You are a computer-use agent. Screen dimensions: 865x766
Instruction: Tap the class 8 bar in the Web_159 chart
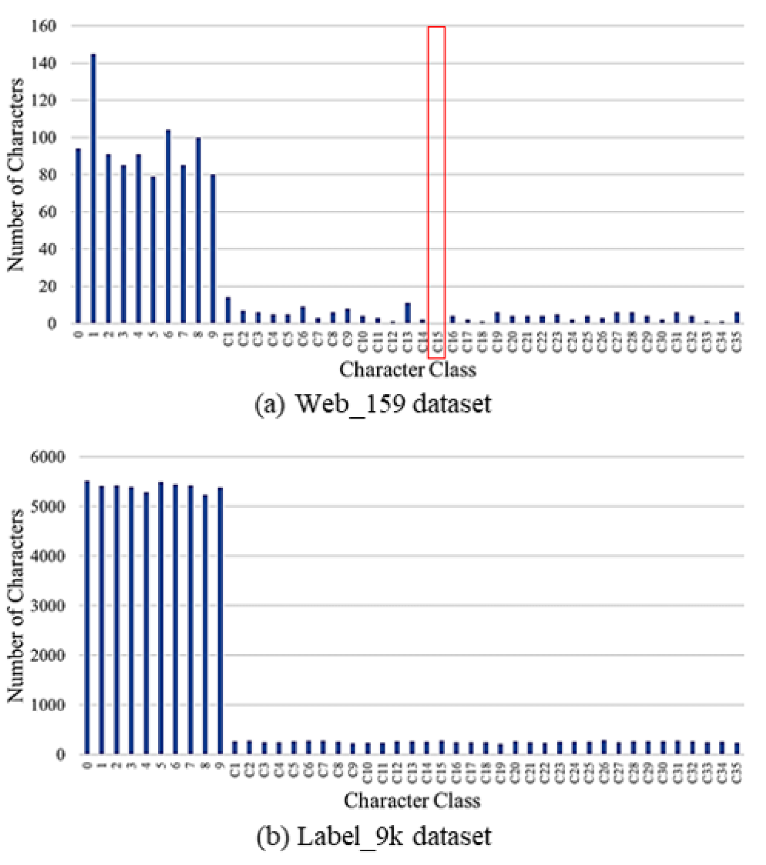(198, 231)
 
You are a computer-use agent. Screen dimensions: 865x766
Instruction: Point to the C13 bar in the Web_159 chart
(407, 313)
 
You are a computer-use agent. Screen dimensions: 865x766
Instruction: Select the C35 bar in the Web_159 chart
(737, 317)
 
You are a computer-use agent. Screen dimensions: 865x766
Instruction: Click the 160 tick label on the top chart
(44, 26)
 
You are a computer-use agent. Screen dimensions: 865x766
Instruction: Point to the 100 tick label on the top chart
(44, 138)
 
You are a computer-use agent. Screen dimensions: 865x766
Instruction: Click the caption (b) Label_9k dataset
(374, 836)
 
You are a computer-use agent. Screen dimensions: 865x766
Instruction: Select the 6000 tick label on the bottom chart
(47, 457)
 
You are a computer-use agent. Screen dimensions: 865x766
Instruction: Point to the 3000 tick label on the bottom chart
(47, 605)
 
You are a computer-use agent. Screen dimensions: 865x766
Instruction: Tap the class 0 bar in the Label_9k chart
(87, 618)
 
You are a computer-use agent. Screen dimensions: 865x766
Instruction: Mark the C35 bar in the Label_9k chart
(737, 748)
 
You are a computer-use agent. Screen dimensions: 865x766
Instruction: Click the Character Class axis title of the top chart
(407, 370)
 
